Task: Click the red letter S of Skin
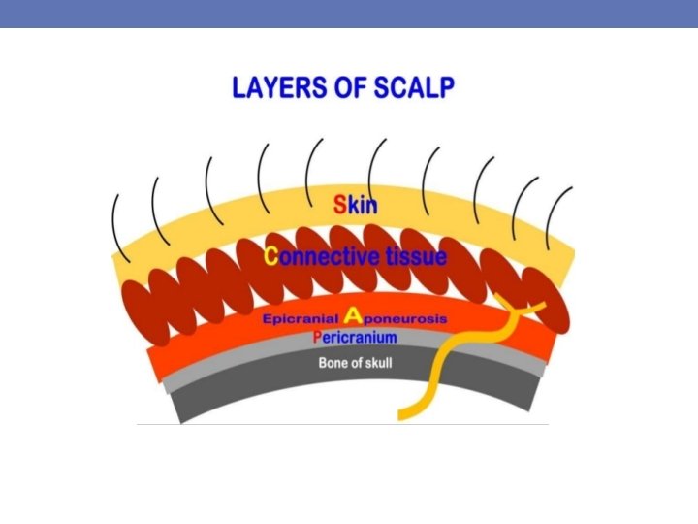tap(339, 205)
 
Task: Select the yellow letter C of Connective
tap(270, 256)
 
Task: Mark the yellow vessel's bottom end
tap(401, 415)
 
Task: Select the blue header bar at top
tap(349, 13)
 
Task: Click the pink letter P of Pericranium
tap(317, 337)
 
